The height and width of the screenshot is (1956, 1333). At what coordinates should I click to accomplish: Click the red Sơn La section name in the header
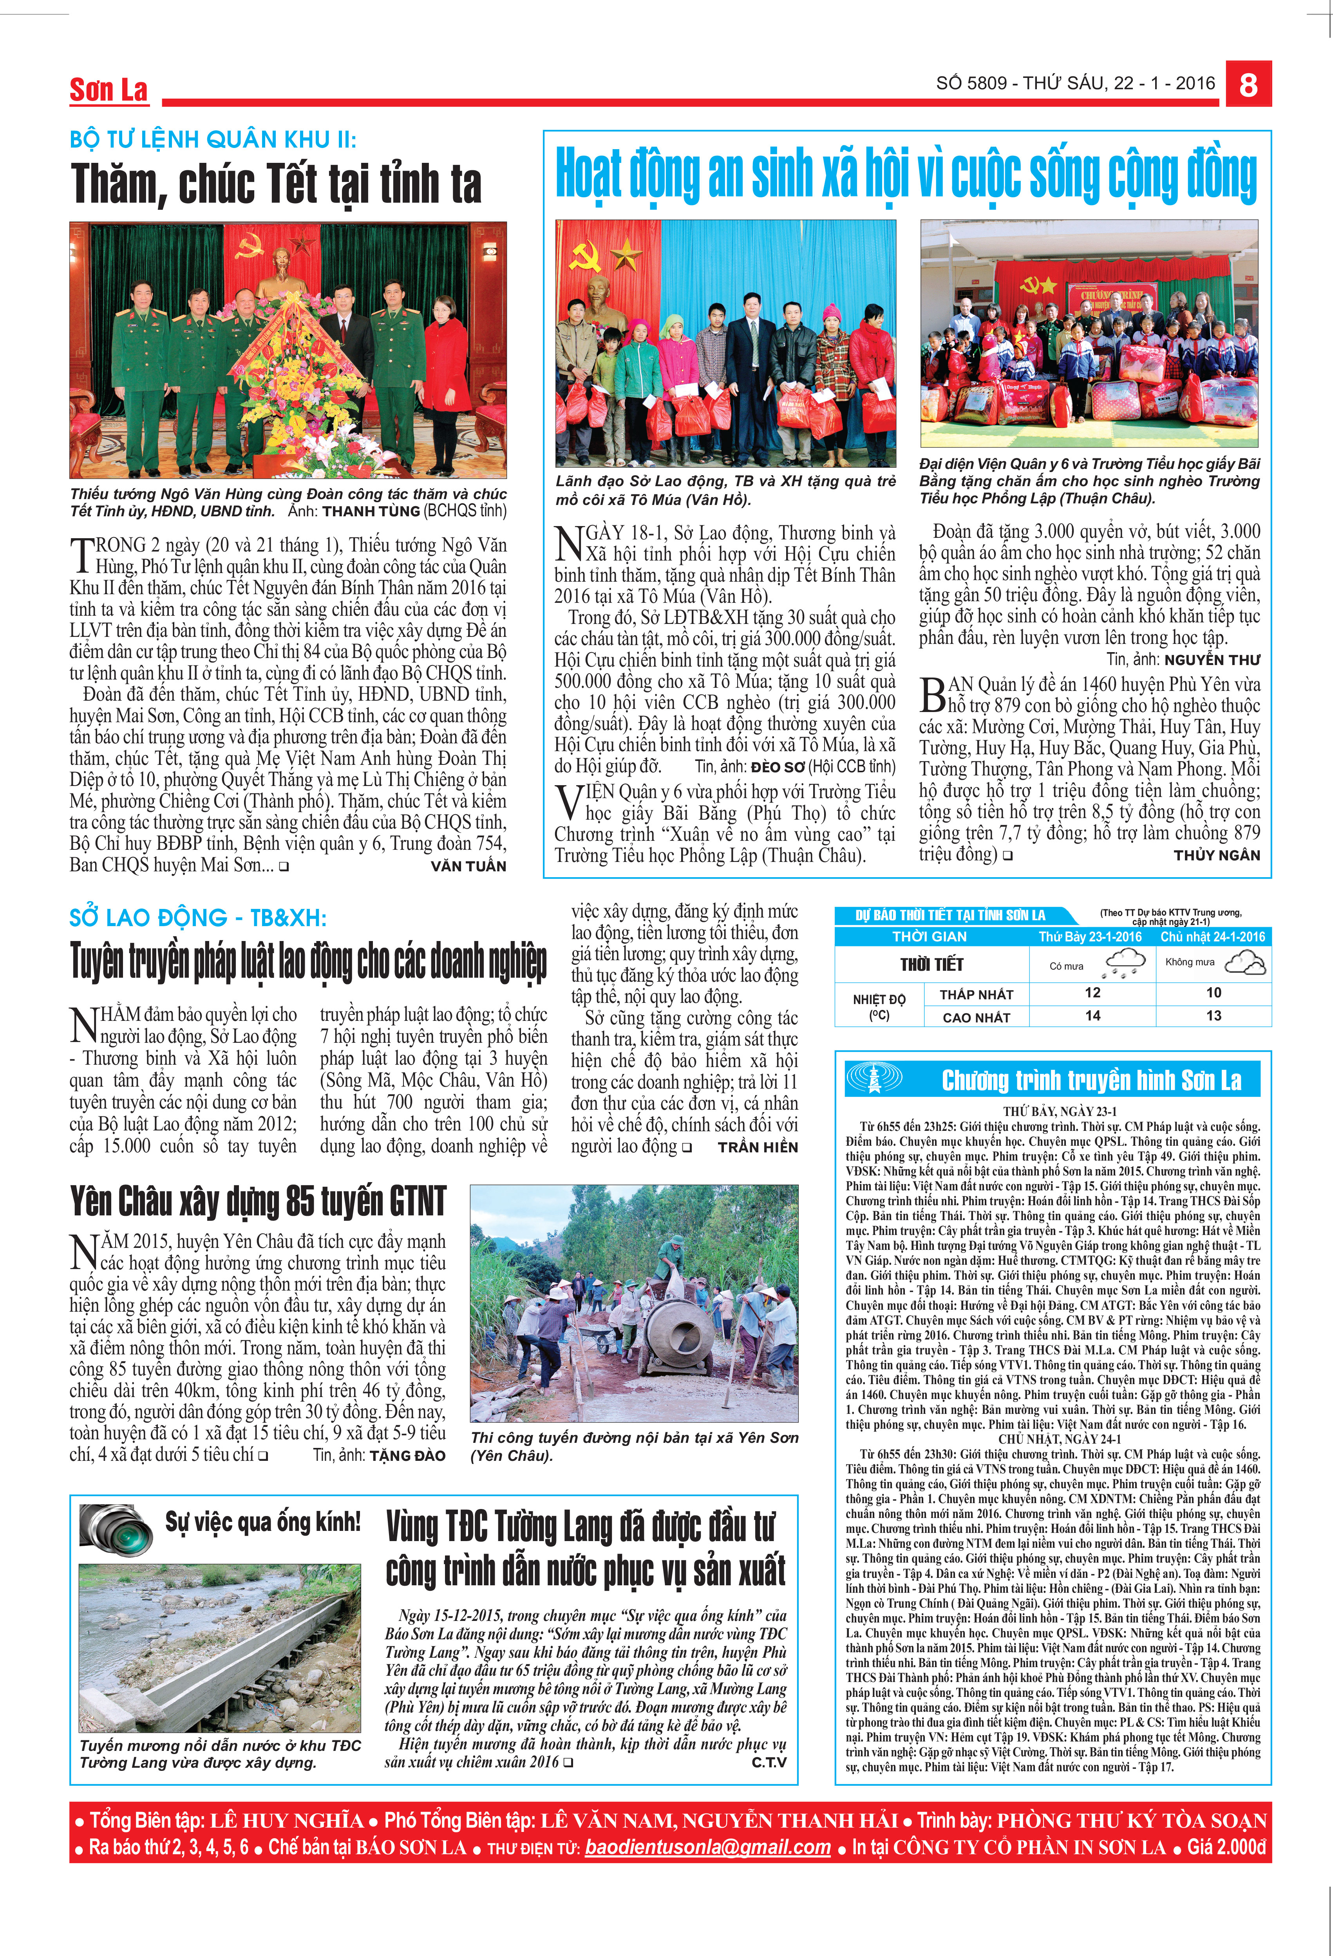click(x=109, y=90)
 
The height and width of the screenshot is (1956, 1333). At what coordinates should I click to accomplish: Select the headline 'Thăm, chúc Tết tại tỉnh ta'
click(x=276, y=184)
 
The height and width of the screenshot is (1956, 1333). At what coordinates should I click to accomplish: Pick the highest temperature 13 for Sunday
click(x=1214, y=1016)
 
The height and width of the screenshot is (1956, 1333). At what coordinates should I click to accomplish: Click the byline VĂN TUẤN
click(x=468, y=866)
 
